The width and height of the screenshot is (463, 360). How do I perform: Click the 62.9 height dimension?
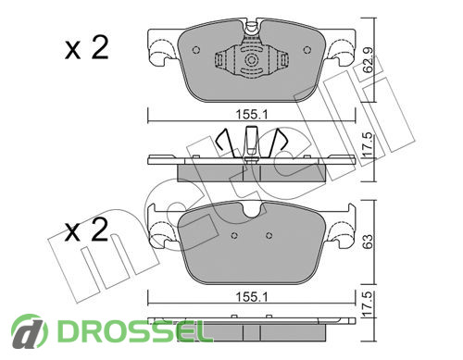point(369,60)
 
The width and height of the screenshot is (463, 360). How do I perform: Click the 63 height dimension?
point(369,242)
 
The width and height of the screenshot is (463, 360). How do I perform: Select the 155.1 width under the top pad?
point(252,115)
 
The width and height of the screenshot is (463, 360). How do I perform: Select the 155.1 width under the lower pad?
point(252,297)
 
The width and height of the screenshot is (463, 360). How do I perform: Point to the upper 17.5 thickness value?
point(369,146)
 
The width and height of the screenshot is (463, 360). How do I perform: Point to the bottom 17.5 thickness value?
point(369,304)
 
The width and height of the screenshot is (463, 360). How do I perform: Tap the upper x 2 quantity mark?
point(87,48)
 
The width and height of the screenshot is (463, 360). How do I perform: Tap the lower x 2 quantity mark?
point(87,230)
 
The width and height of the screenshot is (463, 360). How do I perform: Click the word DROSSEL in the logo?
point(131,331)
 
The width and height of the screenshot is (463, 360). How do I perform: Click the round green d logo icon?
point(30,331)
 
